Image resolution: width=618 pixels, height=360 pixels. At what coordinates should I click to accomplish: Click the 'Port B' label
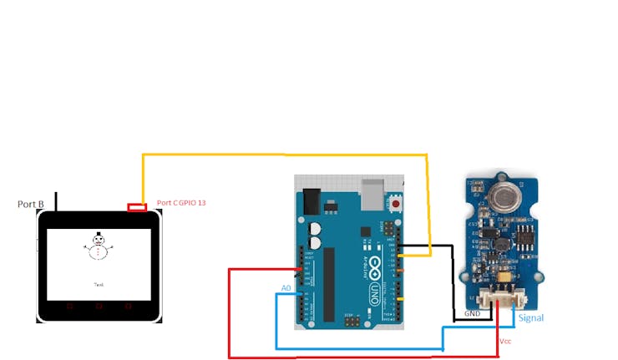[x=31, y=204]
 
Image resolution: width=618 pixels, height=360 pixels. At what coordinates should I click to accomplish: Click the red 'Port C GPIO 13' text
[x=181, y=203]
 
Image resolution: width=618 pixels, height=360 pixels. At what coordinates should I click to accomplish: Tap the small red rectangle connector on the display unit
[x=137, y=207]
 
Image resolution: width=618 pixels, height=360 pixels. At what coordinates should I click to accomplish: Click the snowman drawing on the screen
[x=99, y=246]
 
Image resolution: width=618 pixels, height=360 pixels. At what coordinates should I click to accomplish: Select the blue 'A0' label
[x=286, y=287]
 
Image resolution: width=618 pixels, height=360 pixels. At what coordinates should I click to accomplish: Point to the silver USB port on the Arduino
[x=372, y=194]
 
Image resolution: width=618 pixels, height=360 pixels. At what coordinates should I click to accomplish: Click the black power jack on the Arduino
[x=311, y=202]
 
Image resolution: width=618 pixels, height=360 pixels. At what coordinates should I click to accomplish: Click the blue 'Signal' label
[x=531, y=318]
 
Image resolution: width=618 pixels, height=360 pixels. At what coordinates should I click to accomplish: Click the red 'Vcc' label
[x=504, y=342]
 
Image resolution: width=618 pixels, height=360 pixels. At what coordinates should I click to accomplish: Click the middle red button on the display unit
[x=99, y=307]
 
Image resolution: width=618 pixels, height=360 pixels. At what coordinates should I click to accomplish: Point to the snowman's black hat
[x=99, y=235]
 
